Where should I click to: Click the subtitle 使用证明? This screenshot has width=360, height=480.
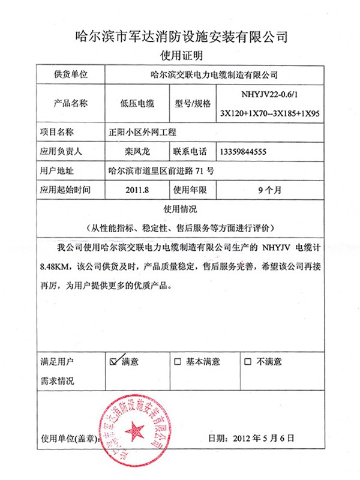(180, 56)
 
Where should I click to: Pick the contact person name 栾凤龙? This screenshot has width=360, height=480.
(137, 151)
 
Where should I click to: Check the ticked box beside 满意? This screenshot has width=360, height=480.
(113, 362)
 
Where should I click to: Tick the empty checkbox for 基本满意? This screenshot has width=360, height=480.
(177, 362)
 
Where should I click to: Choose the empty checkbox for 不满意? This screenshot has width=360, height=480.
(248, 362)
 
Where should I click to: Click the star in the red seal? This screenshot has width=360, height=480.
(136, 430)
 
